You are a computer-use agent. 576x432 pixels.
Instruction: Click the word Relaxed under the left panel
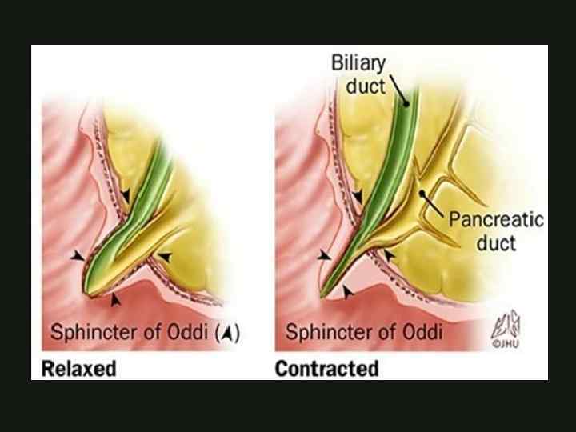(x=79, y=369)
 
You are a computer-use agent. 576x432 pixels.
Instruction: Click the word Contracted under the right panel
(x=326, y=369)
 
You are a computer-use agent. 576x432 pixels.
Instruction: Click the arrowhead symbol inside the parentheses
(x=227, y=334)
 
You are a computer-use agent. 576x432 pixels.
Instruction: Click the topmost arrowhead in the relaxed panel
(x=127, y=194)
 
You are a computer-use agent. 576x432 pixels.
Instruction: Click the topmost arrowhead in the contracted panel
(x=359, y=194)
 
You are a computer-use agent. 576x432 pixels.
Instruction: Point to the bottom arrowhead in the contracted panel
(x=346, y=293)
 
